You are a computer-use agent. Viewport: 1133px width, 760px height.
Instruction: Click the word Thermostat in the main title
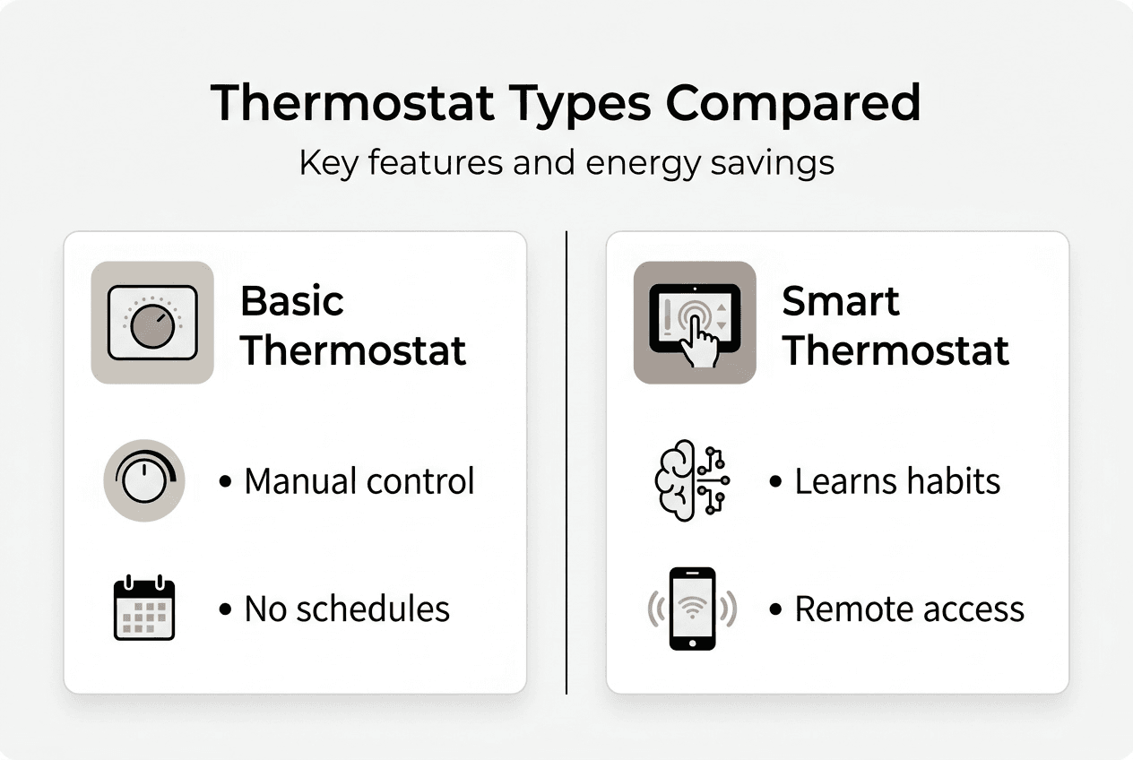[x=351, y=103]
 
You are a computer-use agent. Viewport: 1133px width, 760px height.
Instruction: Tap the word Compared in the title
[x=792, y=103]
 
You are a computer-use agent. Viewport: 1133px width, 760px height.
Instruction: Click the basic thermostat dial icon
[x=152, y=323]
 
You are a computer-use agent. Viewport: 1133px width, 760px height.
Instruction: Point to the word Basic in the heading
[x=292, y=302]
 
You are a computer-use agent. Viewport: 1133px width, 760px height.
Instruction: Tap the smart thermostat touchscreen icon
[x=695, y=323]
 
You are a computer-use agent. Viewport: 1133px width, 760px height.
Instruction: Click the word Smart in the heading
[x=840, y=302]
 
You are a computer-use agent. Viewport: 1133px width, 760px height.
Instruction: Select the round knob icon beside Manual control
[x=143, y=481]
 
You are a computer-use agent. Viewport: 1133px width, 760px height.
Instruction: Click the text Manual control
[x=359, y=481]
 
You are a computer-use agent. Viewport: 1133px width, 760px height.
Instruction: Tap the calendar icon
[x=144, y=609]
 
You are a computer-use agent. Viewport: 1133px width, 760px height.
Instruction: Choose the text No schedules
[x=347, y=609]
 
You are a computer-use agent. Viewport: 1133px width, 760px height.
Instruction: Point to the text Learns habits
[x=896, y=481]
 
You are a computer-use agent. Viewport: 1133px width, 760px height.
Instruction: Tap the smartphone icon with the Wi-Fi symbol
[x=692, y=609]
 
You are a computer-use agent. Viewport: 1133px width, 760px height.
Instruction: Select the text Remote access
[x=909, y=609]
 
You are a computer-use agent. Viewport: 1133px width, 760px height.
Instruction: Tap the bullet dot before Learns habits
[x=775, y=482]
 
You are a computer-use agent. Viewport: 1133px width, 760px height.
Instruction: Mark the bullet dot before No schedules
[x=225, y=610]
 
